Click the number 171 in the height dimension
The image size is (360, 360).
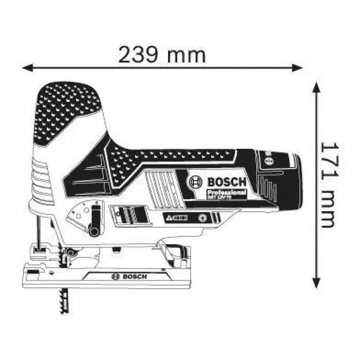pos(327,163)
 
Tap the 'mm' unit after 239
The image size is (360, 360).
pos(187,55)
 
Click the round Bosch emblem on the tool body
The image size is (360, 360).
pos(196,182)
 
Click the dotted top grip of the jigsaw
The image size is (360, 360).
pos(67,105)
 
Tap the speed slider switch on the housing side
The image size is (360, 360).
pos(128,214)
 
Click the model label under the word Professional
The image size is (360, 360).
pos(220,197)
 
